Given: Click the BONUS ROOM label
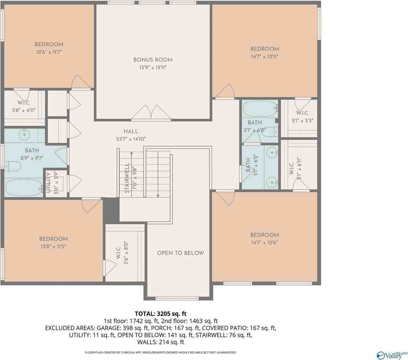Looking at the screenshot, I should [x=153, y=60].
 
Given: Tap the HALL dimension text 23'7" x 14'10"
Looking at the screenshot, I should [x=131, y=139].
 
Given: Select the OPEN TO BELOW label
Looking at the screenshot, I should [x=181, y=253].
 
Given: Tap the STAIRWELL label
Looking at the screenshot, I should [x=127, y=178].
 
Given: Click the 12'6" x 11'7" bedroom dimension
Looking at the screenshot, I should [x=49, y=52].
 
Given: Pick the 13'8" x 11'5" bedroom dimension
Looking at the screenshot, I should [x=53, y=246].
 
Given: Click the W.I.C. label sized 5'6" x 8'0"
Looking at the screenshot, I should [x=118, y=253].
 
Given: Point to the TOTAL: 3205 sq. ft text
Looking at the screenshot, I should [x=161, y=313].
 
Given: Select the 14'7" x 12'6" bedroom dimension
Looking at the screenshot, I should [x=265, y=242].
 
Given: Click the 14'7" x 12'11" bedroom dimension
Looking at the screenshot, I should [x=265, y=56].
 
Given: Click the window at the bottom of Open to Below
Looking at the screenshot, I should [x=177, y=298].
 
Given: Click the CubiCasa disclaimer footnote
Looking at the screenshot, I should [x=161, y=352].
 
